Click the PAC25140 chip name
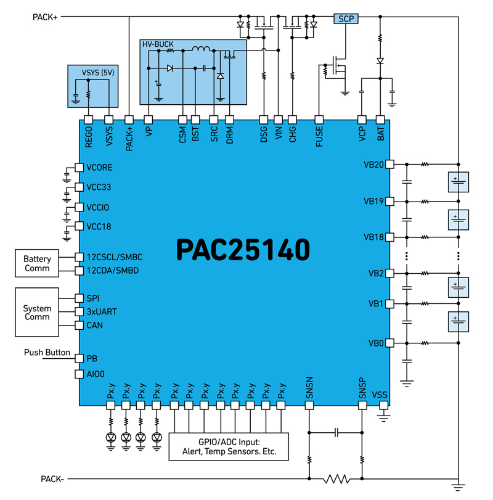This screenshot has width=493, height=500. coord(243,249)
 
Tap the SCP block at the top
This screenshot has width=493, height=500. coord(345,18)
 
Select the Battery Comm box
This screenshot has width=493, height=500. coord(38,264)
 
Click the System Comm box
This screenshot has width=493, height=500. coord(38,313)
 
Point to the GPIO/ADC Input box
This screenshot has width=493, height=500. coord(229,446)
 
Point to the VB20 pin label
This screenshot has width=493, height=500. coord(374,165)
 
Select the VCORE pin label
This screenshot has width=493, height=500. coord(100,168)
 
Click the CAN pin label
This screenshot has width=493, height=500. coord(95,325)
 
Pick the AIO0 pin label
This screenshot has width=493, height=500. coord(97,374)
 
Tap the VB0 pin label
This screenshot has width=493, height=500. coord(376,343)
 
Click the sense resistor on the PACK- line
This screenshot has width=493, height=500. coord(336,478)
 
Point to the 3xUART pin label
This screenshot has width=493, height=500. coord(102,311)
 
